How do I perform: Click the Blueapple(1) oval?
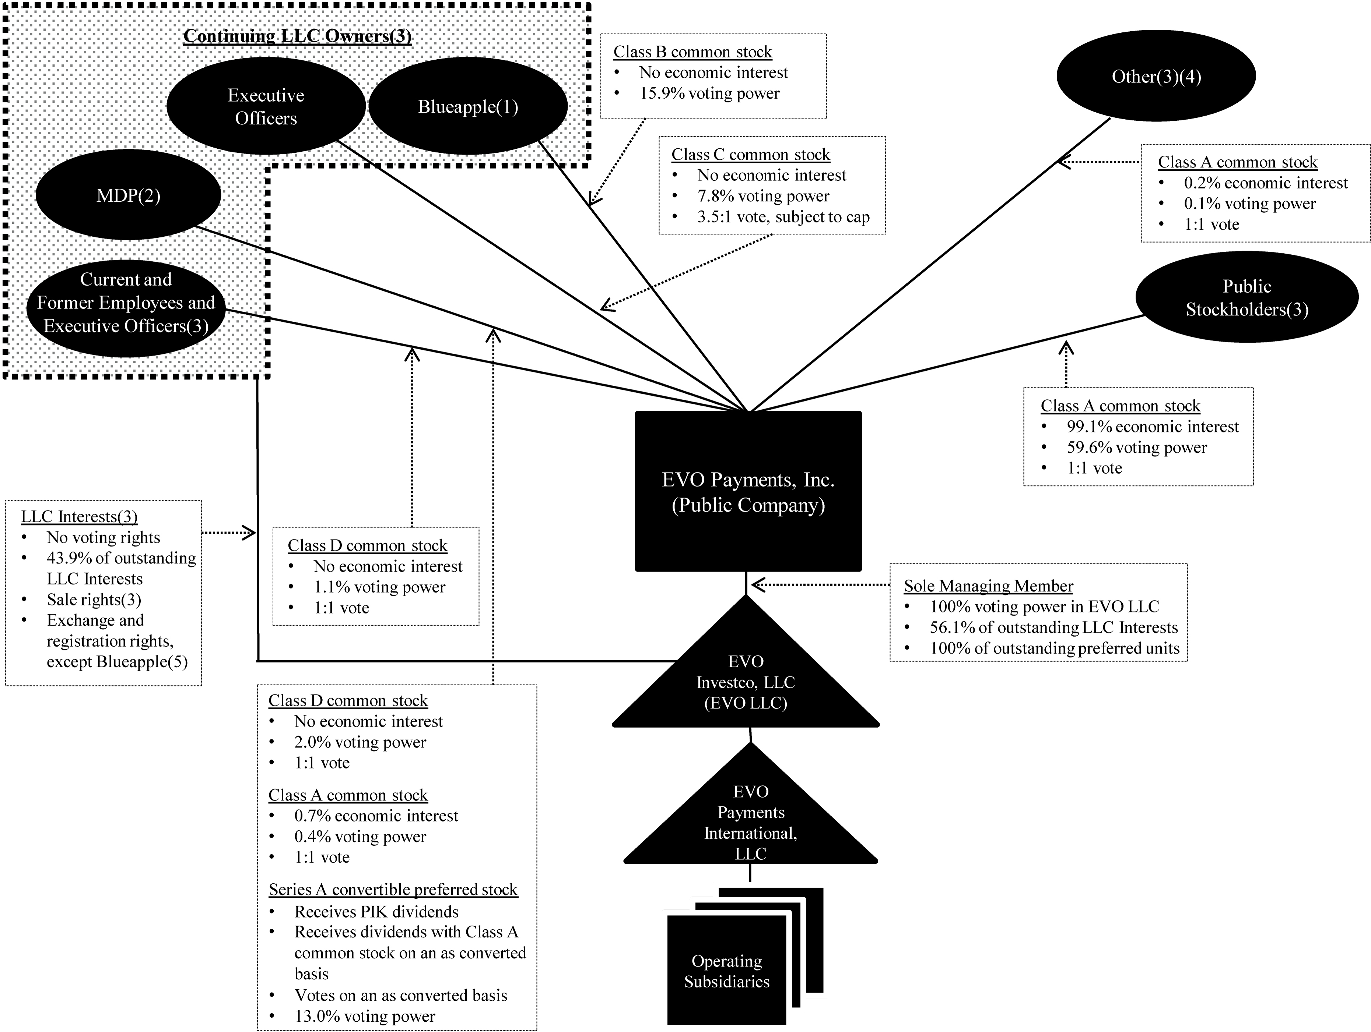click(468, 106)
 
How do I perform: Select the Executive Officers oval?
click(266, 106)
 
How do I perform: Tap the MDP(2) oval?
click(128, 196)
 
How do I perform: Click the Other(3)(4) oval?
click(1156, 76)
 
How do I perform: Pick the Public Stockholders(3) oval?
click(1246, 298)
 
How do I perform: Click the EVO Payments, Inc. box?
click(748, 492)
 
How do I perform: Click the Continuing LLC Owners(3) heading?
click(298, 36)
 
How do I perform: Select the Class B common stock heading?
click(692, 52)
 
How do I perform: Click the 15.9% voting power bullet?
click(709, 93)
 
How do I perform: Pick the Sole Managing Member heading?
click(988, 586)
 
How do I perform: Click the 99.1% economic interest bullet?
click(1152, 427)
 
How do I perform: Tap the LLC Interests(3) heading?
click(79, 517)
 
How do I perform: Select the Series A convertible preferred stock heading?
click(393, 890)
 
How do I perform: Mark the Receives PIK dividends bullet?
click(376, 912)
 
